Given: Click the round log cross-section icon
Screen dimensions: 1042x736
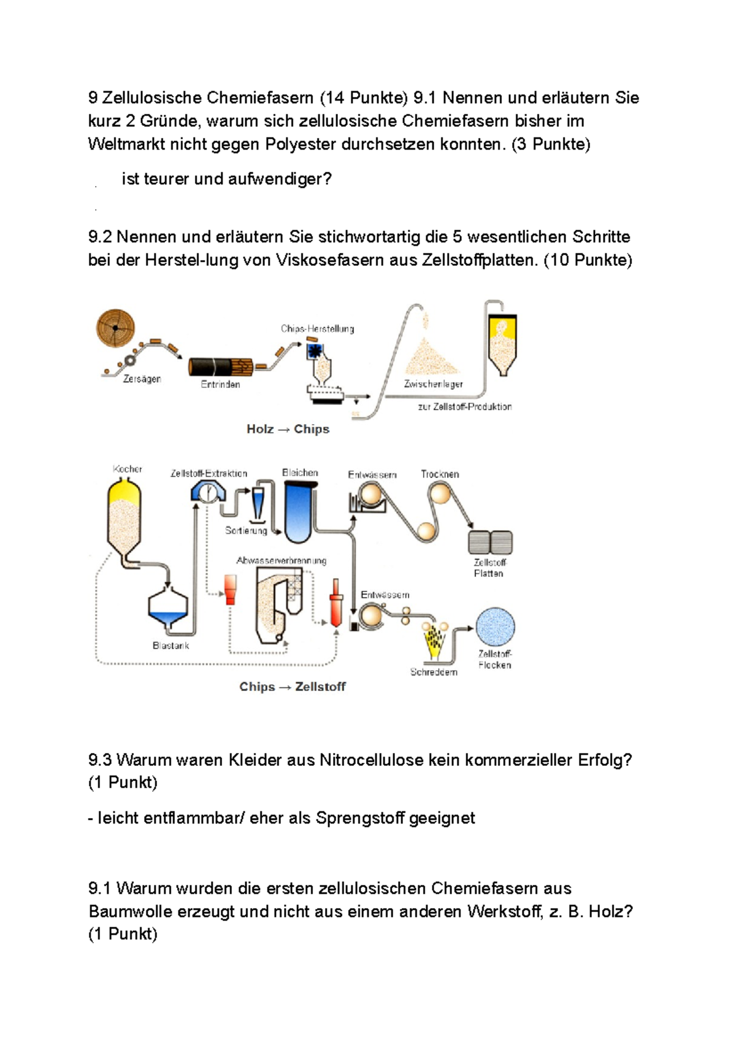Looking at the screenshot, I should (115, 328).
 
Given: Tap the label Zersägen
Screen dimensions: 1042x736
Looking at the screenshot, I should (142, 379).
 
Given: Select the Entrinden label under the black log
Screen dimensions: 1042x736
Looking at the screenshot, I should (220, 384).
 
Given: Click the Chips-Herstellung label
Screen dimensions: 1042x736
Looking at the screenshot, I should (317, 328).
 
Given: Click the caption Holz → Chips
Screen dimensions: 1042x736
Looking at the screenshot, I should (288, 429).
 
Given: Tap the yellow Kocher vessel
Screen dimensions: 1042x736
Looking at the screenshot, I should (125, 515).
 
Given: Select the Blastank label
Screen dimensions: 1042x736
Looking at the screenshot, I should (171, 646).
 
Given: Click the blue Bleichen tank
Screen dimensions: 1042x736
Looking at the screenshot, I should (299, 512).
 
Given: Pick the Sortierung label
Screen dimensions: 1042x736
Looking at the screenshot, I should (246, 530).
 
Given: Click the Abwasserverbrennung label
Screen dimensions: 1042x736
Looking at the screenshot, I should (282, 560).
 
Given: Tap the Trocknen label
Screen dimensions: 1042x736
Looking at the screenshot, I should (440, 474).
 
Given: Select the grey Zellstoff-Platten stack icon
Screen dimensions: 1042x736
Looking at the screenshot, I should (490, 542).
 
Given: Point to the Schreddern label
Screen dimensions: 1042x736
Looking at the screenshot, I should (434, 672).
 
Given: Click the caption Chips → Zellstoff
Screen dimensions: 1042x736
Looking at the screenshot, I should (293, 687).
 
